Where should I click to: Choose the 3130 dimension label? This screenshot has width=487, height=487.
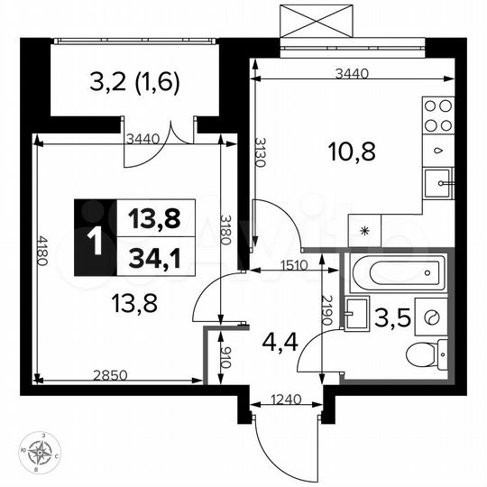[259, 152]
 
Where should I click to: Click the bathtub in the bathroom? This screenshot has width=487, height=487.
[397, 271]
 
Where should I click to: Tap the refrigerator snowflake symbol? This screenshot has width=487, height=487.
[364, 230]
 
